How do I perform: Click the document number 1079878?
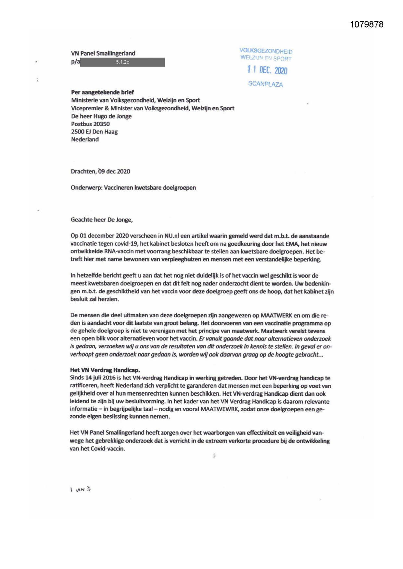pos(367,25)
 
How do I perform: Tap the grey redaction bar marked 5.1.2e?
pos(122,62)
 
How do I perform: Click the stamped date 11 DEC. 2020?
pos(267,70)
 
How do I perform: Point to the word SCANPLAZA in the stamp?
pos(265,84)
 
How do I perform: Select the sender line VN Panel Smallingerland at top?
pos(103,53)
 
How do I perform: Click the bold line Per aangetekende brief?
pos(102,92)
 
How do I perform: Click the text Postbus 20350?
pos(90,124)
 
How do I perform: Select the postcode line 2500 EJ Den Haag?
pos(94,132)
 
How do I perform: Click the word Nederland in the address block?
pos(85,139)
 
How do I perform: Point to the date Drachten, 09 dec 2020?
pos(100,171)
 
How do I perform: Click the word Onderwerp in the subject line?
pos(86,188)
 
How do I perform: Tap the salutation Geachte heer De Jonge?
pos(102,220)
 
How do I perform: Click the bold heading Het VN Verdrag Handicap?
pos(105,370)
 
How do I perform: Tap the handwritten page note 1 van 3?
pos(80,490)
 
